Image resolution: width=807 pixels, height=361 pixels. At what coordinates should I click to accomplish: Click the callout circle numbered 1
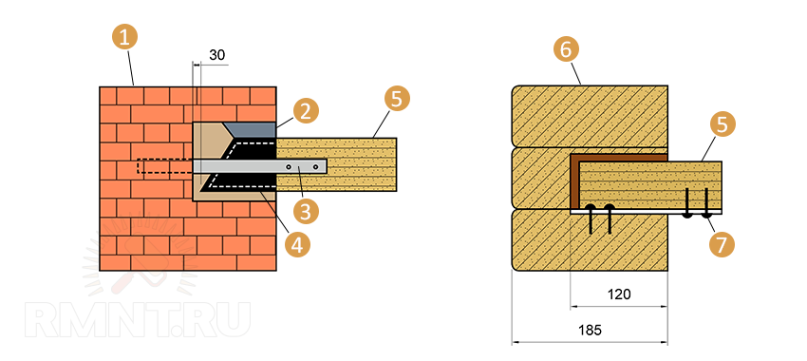pyautogui.click(x=124, y=38)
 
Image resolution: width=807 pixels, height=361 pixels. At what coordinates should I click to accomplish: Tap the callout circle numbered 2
pyautogui.click(x=306, y=112)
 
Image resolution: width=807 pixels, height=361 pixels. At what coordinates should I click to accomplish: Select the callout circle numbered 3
pyautogui.click(x=306, y=212)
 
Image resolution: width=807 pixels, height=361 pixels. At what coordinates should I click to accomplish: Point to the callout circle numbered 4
pyautogui.click(x=297, y=245)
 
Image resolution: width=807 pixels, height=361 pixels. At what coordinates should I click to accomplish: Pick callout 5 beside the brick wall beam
pyautogui.click(x=396, y=100)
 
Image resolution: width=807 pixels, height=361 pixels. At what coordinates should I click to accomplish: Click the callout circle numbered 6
pyautogui.click(x=566, y=49)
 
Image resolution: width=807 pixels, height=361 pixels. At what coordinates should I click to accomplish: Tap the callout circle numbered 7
pyautogui.click(x=722, y=244)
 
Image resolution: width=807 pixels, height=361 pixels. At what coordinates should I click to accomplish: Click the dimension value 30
pyautogui.click(x=217, y=55)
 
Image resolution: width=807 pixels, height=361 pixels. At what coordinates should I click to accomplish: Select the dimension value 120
pyautogui.click(x=619, y=294)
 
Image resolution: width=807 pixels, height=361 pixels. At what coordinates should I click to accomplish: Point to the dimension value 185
pyautogui.click(x=590, y=330)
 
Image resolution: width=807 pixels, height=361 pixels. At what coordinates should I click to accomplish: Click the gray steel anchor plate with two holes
pyautogui.click(x=260, y=166)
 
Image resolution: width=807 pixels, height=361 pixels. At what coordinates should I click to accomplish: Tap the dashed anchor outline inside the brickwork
pyautogui.click(x=165, y=166)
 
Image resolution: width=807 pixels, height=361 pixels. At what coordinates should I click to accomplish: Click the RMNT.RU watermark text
pyautogui.click(x=137, y=320)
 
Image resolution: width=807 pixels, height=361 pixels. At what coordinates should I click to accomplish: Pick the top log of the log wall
pyautogui.click(x=590, y=116)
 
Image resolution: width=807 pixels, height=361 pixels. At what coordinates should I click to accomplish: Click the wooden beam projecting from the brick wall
pyautogui.click(x=337, y=164)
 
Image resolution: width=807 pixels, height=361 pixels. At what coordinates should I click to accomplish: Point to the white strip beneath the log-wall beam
pyautogui.click(x=646, y=212)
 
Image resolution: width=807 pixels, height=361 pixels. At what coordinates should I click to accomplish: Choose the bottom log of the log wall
pyautogui.click(x=590, y=240)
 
